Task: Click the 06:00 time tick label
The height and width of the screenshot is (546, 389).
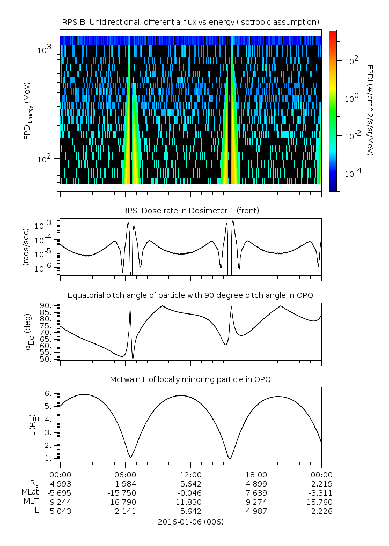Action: pyautogui.click(x=125, y=474)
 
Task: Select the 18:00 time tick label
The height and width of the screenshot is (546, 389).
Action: pyautogui.click(x=256, y=474)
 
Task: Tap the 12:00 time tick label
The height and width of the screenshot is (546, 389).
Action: pyautogui.click(x=190, y=474)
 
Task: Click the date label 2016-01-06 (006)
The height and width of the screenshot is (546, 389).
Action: pyautogui.click(x=190, y=521)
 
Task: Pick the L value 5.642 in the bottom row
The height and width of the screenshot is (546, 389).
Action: pyautogui.click(x=190, y=511)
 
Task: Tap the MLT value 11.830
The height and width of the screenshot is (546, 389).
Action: pyautogui.click(x=190, y=502)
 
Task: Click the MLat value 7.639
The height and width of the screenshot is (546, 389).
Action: pyautogui.click(x=256, y=492)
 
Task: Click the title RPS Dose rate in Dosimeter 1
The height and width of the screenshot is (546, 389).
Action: pyautogui.click(x=190, y=211)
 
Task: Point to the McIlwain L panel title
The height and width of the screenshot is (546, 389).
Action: pyautogui.click(x=190, y=379)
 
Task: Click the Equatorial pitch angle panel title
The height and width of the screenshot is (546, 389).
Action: pyautogui.click(x=190, y=295)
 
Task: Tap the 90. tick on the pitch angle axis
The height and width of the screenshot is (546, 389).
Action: pyautogui.click(x=47, y=305)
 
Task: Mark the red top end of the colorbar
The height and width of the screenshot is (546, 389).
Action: pyautogui.click(x=333, y=33)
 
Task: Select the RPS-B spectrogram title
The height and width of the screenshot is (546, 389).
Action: pyautogui.click(x=190, y=21)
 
